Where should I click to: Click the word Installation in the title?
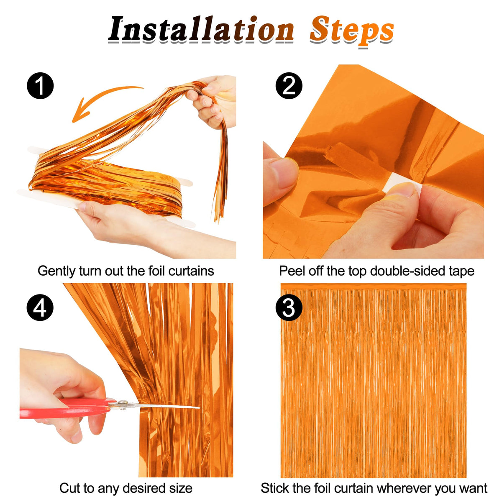tap(201, 29)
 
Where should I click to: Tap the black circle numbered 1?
tap(40, 86)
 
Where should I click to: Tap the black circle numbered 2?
tap(289, 86)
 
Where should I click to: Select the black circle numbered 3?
tap(289, 307)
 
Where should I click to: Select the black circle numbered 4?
tap(40, 307)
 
